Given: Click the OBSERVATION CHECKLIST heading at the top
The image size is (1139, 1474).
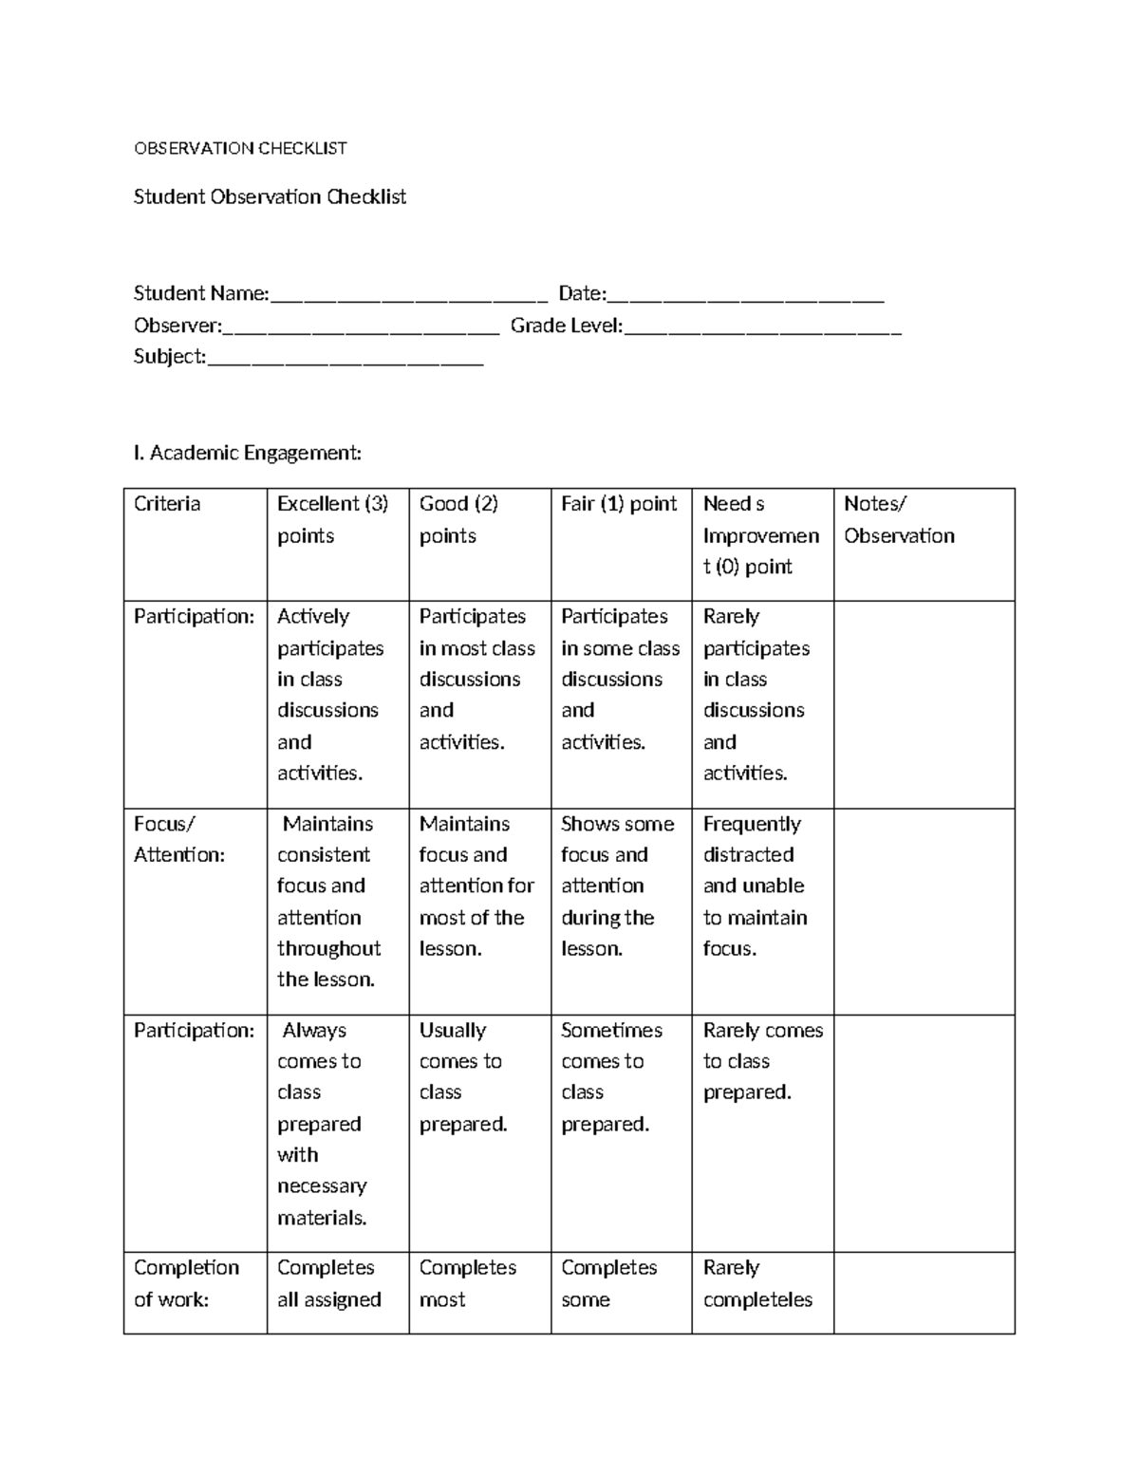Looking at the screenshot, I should tap(240, 148).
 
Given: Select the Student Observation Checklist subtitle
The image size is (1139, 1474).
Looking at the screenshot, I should tap(270, 196).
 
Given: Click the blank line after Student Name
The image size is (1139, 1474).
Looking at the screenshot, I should tap(409, 296).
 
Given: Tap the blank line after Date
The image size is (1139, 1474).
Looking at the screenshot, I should tap(745, 296).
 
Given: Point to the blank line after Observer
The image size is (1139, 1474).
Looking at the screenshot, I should tap(361, 328).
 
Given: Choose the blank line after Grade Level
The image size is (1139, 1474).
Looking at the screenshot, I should tap(762, 328).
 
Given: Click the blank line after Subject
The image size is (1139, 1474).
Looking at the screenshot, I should tap(345, 359).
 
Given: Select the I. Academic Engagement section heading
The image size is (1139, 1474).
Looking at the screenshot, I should tap(248, 453).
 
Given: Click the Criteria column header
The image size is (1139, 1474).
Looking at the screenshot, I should tap(167, 504).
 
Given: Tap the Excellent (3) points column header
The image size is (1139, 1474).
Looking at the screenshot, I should tap(332, 519).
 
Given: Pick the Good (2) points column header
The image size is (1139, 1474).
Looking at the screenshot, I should tap(458, 519).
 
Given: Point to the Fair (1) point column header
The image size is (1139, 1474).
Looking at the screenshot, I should tap(619, 504).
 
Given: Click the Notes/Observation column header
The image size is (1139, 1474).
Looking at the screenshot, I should tap(899, 519).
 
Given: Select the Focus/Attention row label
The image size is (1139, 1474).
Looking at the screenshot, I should tap(179, 839).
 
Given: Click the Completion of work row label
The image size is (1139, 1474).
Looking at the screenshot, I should tap(186, 1283).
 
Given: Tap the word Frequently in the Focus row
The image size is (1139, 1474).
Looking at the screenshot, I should tap(752, 824).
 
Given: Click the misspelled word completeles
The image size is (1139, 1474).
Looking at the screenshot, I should tap(757, 1299).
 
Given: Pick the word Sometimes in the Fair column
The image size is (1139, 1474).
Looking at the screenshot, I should tap(611, 1030).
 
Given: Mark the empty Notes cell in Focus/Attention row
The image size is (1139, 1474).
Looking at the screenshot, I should tap(924, 911).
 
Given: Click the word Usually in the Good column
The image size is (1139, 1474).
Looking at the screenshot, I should tap(453, 1030).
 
